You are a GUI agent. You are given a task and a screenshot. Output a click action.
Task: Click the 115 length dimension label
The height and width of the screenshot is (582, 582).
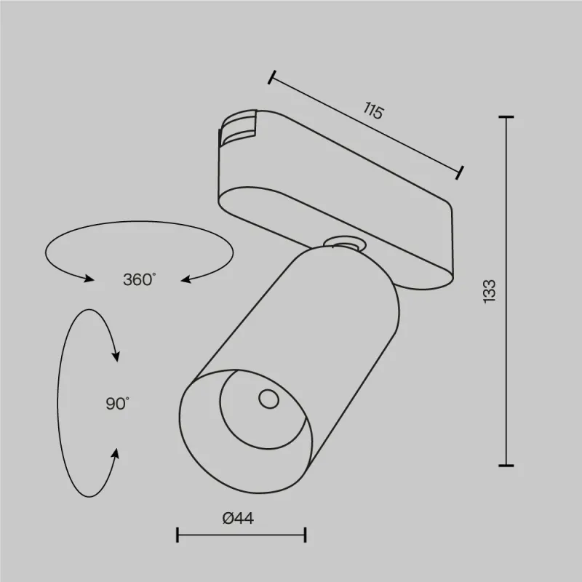coord(372,111)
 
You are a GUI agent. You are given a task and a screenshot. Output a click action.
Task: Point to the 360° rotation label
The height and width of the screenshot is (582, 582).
coord(138,279)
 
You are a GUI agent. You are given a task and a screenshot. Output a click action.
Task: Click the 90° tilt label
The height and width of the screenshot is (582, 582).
coord(116,403)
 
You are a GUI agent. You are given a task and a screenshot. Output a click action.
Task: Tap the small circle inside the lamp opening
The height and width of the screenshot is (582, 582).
coord(267,398)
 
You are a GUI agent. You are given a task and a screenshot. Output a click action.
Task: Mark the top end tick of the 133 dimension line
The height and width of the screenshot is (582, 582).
coord(506,117)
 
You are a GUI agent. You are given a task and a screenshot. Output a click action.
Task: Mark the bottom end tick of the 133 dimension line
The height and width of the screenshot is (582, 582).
coord(506,465)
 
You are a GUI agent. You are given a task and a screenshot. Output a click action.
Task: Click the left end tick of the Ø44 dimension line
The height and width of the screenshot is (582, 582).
coord(178,535)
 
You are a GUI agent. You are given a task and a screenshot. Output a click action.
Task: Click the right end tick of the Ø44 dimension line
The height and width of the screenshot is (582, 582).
coord(306,535)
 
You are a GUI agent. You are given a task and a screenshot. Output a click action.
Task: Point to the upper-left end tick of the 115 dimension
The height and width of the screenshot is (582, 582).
coord(272,77)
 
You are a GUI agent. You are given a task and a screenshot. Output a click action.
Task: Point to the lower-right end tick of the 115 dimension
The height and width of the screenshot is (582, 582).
coord(459,172)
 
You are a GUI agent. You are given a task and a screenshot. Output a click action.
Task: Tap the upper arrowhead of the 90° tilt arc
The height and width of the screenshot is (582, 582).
coord(115,356)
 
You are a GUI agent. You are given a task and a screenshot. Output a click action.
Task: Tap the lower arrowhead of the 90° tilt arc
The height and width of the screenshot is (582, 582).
coord(115,453)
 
